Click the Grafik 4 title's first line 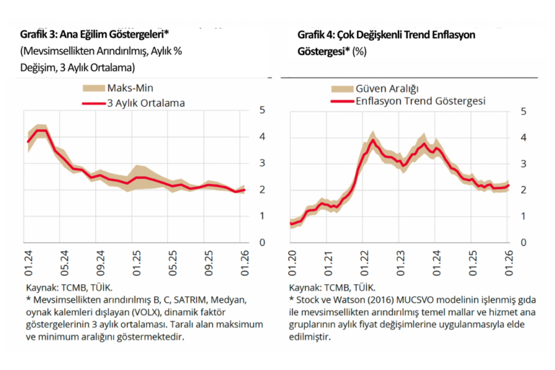tap(386, 35)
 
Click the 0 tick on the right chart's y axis tap(523, 243)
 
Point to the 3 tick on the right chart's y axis tap(523, 163)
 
